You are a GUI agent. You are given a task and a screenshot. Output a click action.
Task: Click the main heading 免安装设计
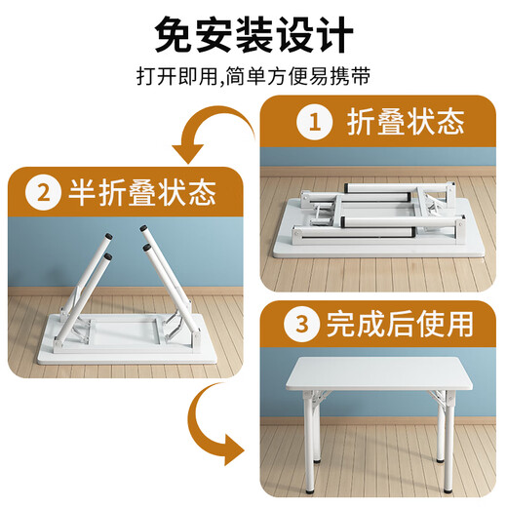click(x=253, y=37)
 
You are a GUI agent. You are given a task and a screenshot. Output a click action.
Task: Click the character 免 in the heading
click(x=175, y=37)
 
